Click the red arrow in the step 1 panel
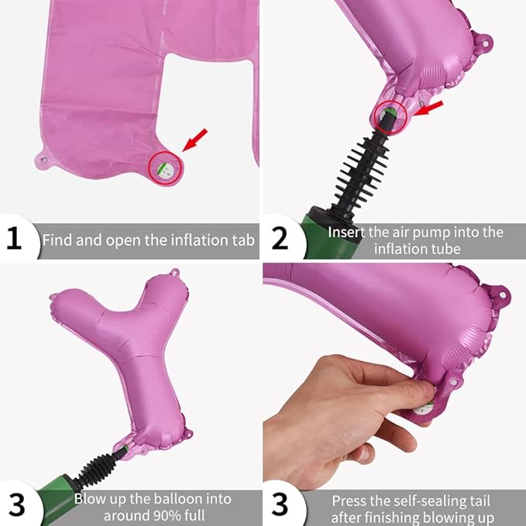point(195,140)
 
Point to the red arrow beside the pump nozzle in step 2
point(428,108)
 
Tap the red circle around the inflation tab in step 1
point(165,168)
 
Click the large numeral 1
point(14,238)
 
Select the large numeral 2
point(280,238)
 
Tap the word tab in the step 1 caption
point(243,240)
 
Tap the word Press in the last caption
point(349,501)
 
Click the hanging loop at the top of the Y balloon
point(174,273)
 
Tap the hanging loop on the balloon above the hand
point(501,295)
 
